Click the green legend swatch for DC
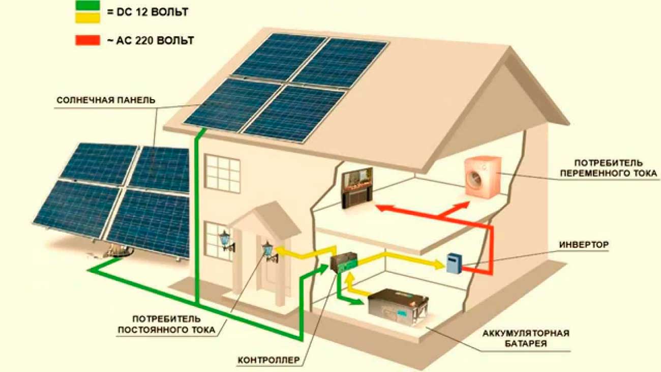[x=87, y=7]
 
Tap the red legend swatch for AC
[x=87, y=40]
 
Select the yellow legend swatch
[x=87, y=17]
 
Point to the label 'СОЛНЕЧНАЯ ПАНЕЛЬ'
[x=105, y=100]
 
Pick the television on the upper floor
[x=357, y=188]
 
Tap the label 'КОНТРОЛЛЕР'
[x=269, y=361]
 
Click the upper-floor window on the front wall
[x=222, y=173]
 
